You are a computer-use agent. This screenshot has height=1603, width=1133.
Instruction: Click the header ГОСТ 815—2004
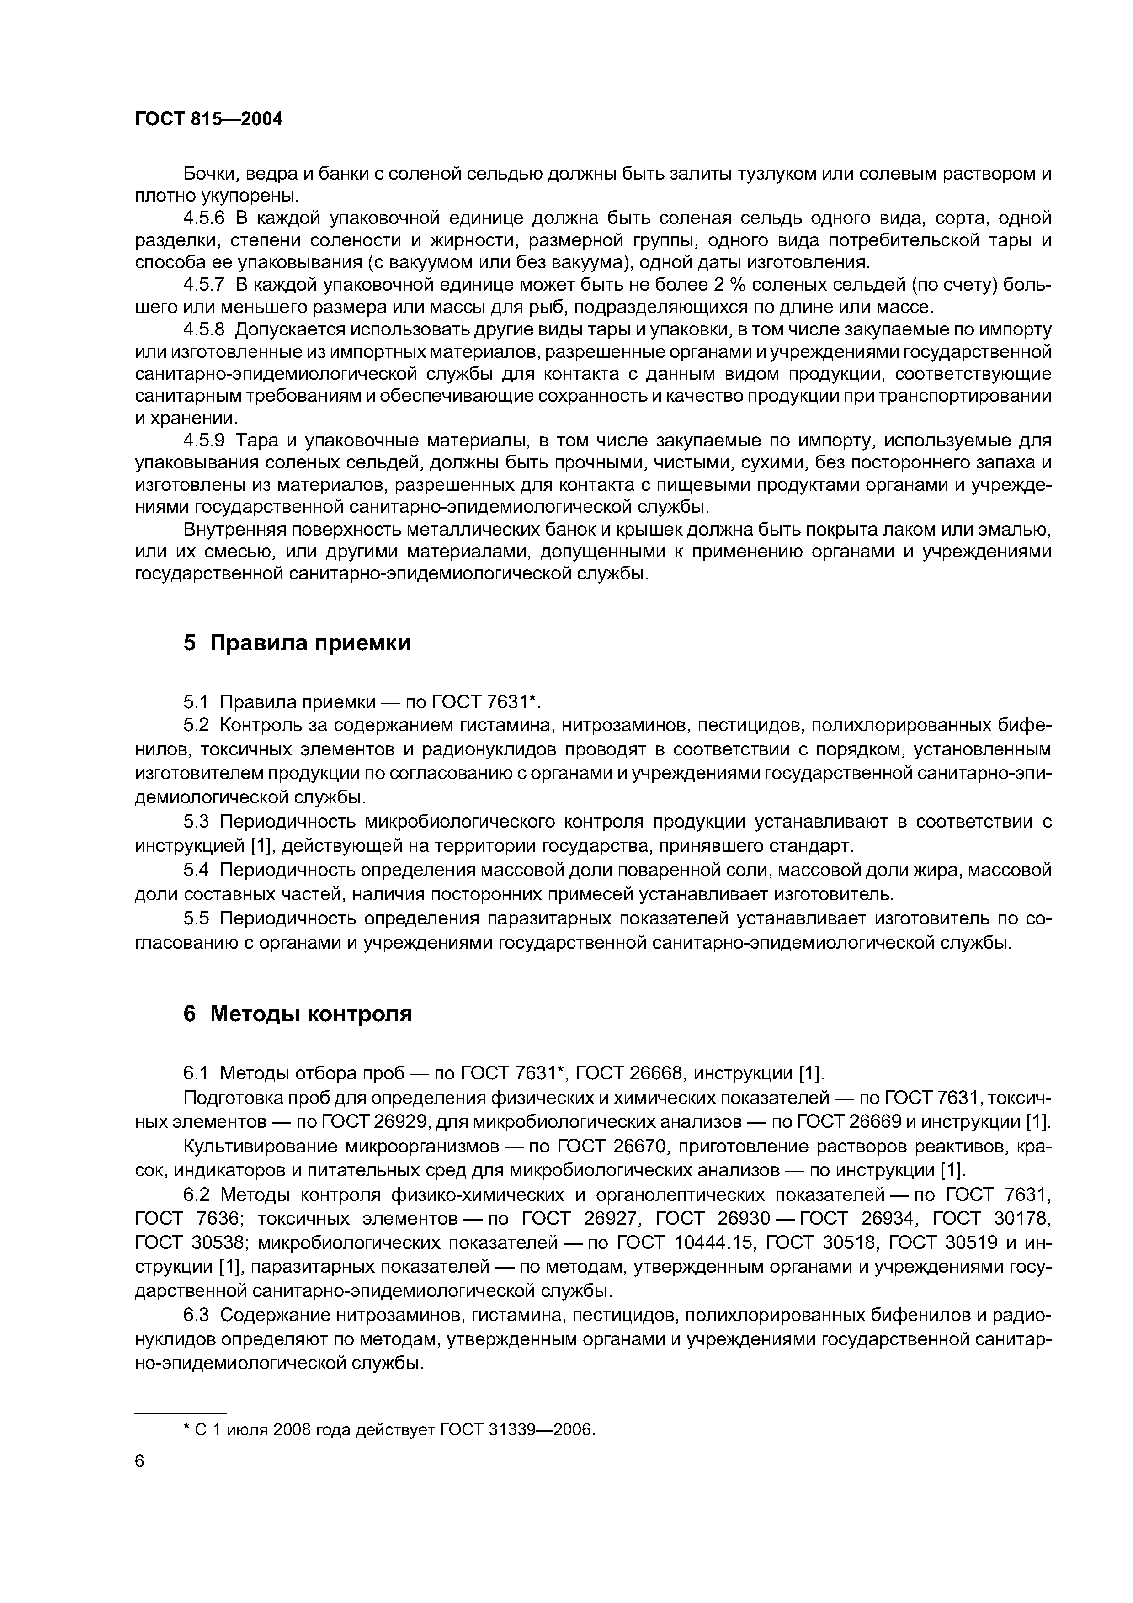(x=209, y=119)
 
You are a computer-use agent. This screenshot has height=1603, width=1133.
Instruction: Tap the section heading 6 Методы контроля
(x=298, y=1014)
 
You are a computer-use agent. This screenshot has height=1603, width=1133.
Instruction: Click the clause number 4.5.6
(x=204, y=218)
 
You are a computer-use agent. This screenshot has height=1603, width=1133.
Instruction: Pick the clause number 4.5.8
(x=204, y=329)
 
